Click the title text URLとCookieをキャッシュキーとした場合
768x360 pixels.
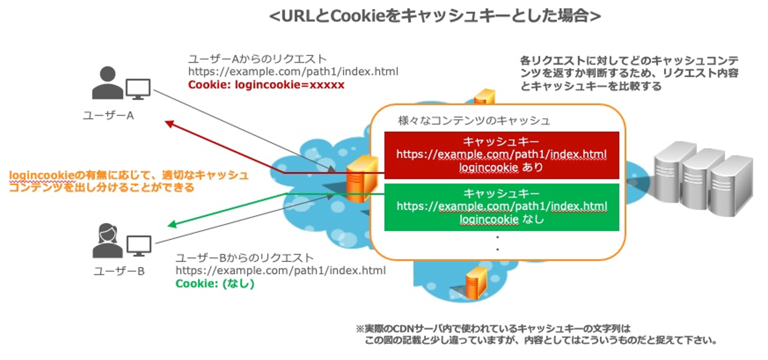(x=435, y=16)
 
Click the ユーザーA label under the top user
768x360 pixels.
(x=108, y=115)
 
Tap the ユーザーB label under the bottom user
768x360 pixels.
(x=119, y=271)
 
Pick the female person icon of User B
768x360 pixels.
(x=108, y=240)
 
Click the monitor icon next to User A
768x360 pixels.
(x=138, y=89)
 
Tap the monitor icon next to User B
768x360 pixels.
(x=139, y=245)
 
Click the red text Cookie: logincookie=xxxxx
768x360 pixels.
(x=266, y=85)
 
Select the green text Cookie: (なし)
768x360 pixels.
(x=215, y=284)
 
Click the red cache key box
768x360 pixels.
(x=501, y=155)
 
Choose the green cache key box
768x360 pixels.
(x=501, y=207)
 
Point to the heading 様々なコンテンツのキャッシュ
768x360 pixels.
(x=474, y=121)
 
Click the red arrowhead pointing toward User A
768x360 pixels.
(x=170, y=124)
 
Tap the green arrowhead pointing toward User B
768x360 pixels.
(x=172, y=224)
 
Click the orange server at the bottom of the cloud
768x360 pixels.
(x=476, y=283)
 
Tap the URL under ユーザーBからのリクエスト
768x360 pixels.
(x=281, y=270)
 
